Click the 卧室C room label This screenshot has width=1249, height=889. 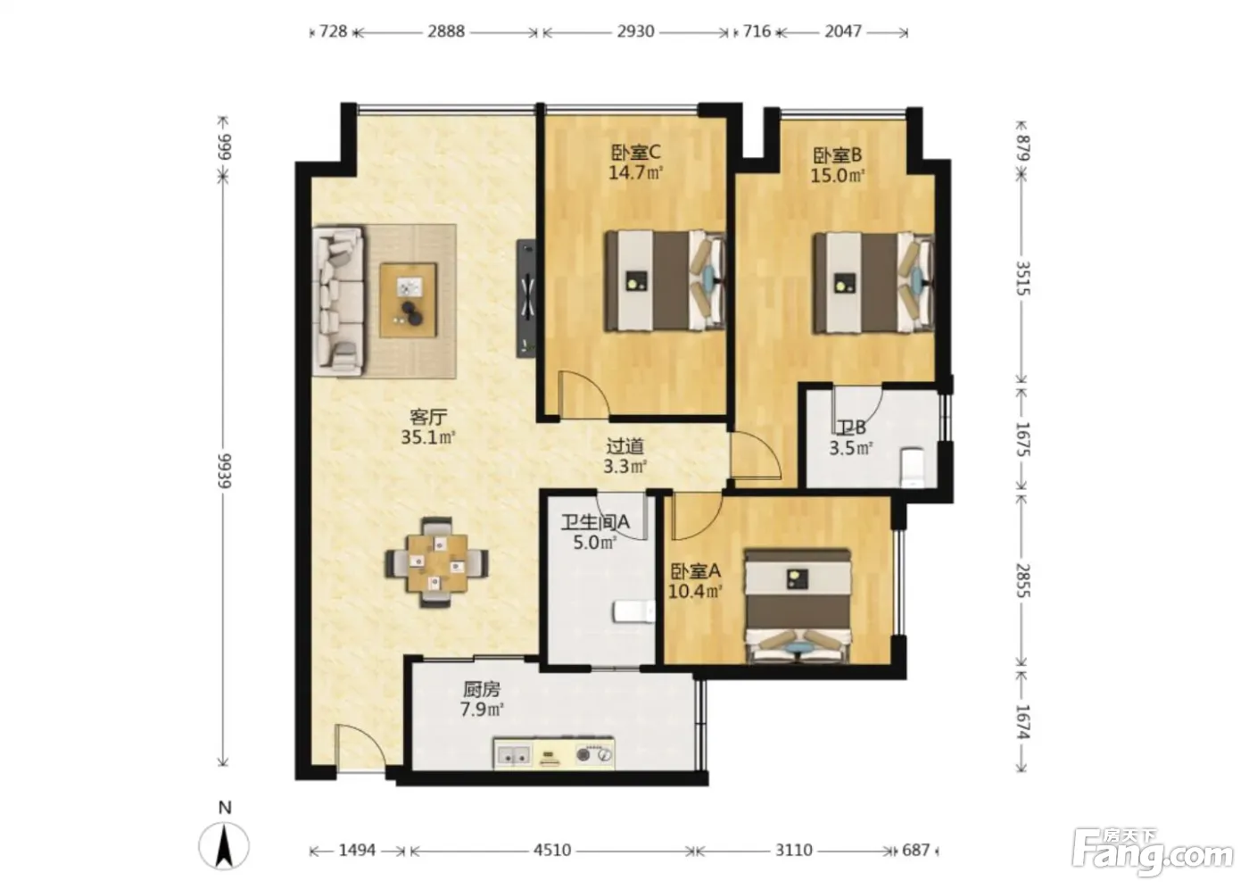tap(635, 152)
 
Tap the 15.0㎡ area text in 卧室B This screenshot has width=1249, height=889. tap(838, 176)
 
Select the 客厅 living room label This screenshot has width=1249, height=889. tap(428, 417)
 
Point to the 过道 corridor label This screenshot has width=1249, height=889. tap(625, 445)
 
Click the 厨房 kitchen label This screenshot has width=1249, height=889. tap(482, 689)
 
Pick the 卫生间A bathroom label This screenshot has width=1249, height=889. tap(595, 522)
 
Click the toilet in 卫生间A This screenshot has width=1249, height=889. tap(634, 611)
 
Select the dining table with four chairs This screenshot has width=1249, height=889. tap(436, 562)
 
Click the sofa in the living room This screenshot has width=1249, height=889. tap(338, 301)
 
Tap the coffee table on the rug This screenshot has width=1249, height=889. tap(409, 300)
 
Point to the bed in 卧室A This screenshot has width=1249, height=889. tap(798, 606)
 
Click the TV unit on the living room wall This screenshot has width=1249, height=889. tap(526, 298)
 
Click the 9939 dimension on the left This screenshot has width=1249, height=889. tap(224, 470)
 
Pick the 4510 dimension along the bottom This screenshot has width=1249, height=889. tap(552, 850)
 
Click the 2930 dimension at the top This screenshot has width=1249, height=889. tap(635, 31)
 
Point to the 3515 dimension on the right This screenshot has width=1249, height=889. tap(1023, 278)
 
